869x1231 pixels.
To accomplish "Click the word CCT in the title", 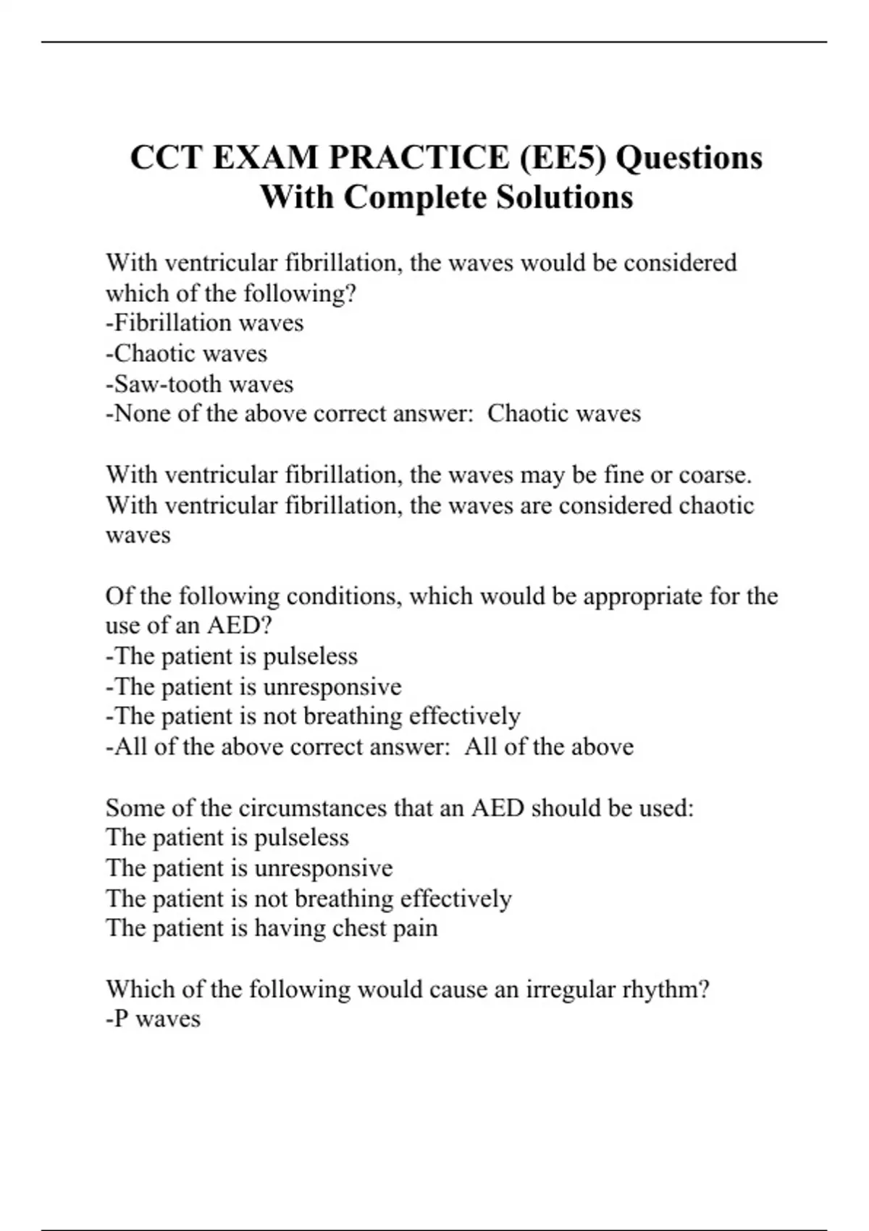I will [x=167, y=158].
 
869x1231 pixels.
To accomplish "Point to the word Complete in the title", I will [x=415, y=197].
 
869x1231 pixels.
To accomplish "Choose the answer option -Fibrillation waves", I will [x=204, y=323].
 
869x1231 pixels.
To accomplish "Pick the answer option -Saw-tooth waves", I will [x=199, y=384].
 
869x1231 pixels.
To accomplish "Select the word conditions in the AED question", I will [x=344, y=597].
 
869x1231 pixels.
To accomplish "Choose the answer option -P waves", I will [x=153, y=1020].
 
